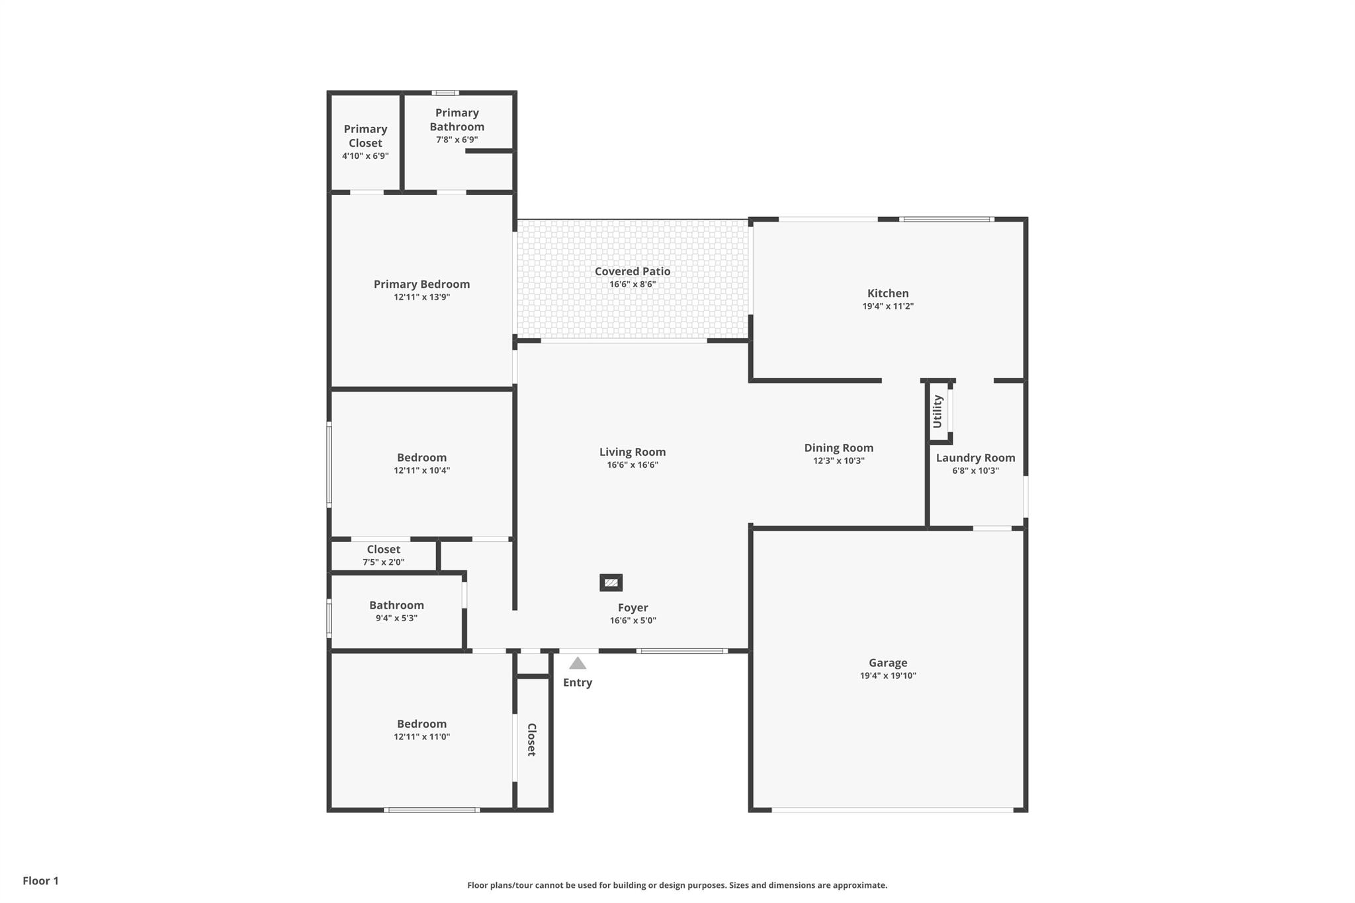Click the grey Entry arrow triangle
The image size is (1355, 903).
578,663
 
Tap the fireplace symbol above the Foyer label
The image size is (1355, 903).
611,583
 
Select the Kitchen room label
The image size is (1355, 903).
888,293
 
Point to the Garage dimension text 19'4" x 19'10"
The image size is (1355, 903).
888,675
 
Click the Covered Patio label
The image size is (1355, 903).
633,271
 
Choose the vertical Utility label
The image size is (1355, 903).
937,411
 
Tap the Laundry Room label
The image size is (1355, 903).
975,458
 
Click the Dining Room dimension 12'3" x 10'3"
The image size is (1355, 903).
839,460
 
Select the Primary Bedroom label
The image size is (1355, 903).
421,284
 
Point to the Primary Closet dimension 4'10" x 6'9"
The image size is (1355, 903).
365,156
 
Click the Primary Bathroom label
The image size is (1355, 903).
457,120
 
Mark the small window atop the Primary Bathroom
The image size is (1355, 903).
445,93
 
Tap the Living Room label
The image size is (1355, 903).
633,452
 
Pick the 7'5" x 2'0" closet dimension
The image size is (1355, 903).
383,562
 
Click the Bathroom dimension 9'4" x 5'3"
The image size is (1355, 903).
396,618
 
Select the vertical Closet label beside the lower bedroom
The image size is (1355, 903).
531,740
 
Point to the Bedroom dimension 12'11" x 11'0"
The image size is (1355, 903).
421,736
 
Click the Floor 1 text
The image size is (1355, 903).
40,881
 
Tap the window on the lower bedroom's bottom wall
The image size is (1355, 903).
431,810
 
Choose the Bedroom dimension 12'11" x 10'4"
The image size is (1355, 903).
421,470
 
